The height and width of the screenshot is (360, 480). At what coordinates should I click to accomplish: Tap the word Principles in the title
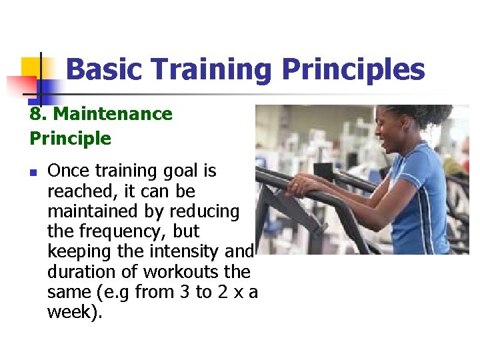[353, 69]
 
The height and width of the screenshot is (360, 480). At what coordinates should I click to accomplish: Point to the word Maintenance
[113, 114]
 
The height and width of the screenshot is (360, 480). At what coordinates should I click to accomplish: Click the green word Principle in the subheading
[70, 139]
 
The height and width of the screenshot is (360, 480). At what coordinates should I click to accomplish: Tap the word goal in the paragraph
[177, 171]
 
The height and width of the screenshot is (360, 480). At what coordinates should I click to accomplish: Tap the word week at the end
[72, 312]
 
